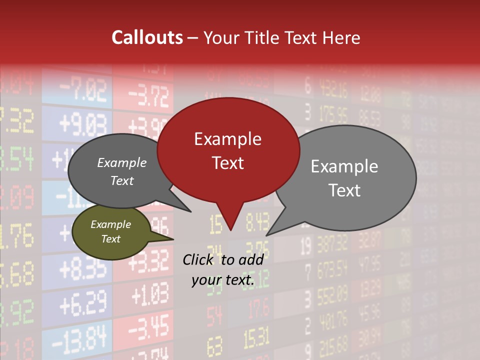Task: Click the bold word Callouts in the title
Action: click(x=147, y=37)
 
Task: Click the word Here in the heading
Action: click(x=341, y=37)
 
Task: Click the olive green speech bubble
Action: click(x=111, y=232)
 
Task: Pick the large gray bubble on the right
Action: click(x=344, y=178)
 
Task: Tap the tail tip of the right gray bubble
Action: click(x=267, y=234)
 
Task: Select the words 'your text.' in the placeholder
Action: click(x=223, y=280)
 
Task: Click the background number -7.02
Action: click(x=83, y=91)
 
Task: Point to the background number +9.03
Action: click(x=82, y=121)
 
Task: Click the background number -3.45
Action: click(x=149, y=327)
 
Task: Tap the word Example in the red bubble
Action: click(x=227, y=138)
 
